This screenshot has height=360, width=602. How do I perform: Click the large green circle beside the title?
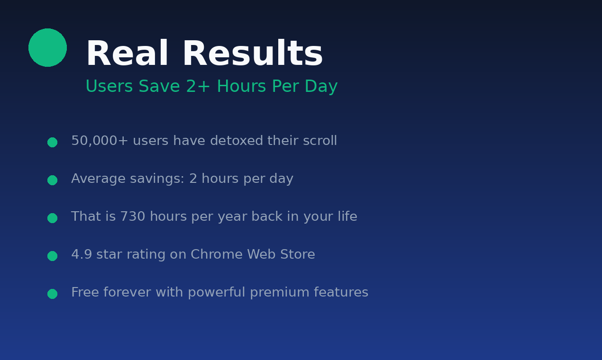[47, 47]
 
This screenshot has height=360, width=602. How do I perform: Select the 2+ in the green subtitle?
[198, 87]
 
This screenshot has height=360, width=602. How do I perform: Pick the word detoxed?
[237, 141]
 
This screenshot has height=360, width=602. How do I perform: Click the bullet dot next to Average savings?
[52, 180]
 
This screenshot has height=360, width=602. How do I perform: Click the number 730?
[132, 217]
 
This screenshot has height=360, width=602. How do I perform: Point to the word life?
[347, 217]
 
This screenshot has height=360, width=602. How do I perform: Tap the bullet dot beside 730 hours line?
[52, 218]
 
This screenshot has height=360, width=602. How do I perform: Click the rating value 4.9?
[82, 255]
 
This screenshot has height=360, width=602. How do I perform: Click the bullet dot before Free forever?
[52, 294]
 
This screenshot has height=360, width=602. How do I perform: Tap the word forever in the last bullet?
[121, 293]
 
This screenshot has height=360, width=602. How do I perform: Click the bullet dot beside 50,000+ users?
[52, 142]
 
